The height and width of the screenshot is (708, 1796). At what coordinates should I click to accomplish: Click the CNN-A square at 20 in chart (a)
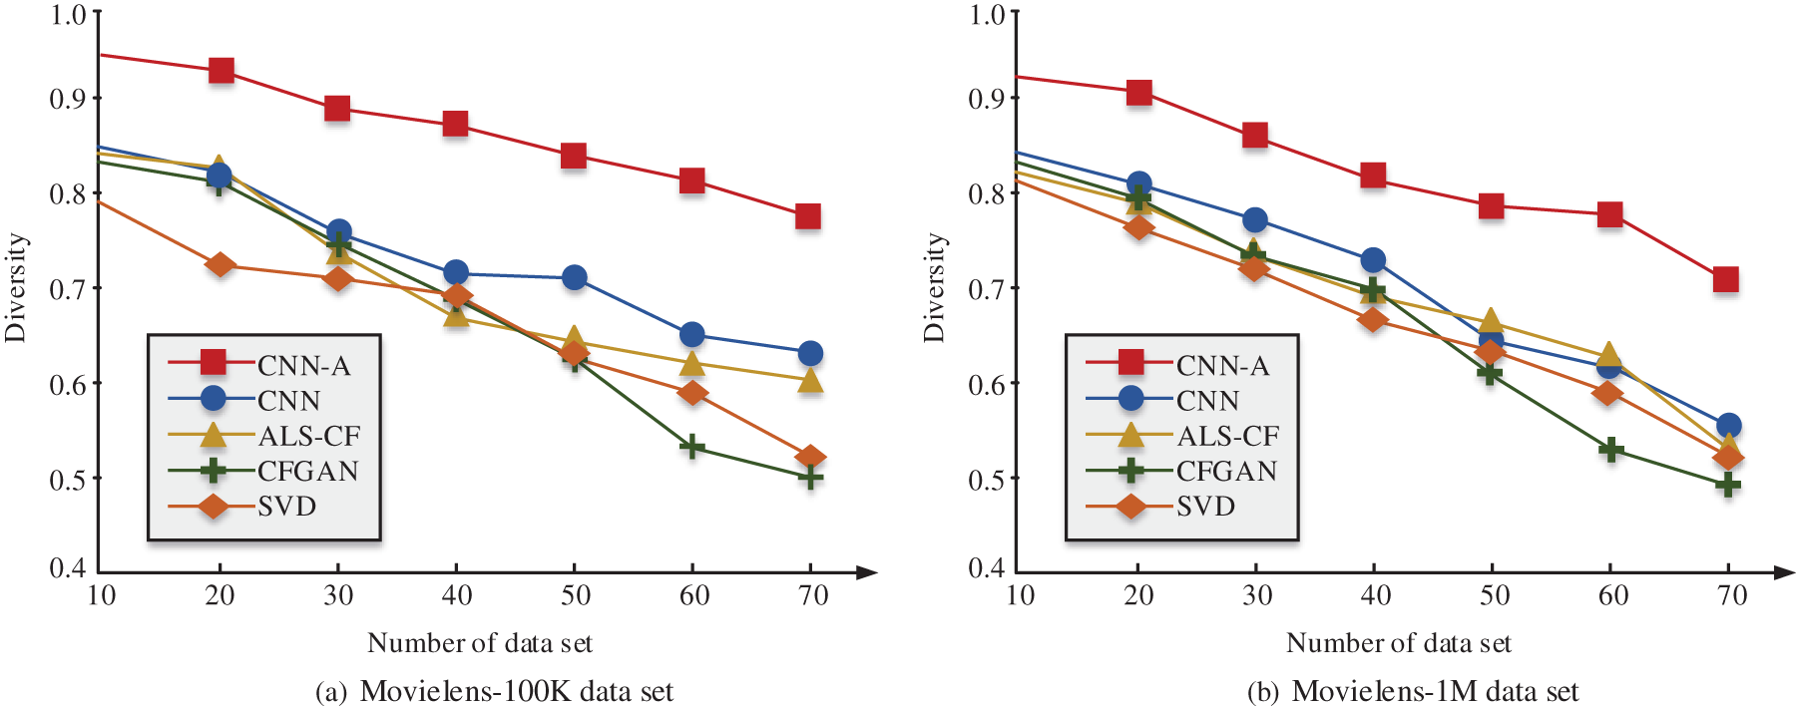221,71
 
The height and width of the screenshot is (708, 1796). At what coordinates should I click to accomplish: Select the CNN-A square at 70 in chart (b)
1726,279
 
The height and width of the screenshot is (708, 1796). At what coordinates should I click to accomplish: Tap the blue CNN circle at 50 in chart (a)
574,277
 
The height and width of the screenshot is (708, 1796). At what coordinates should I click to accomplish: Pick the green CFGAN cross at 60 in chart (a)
692,447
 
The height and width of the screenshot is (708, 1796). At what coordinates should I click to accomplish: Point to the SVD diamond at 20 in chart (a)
221,264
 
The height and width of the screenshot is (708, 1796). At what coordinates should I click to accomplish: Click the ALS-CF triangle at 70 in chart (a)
810,380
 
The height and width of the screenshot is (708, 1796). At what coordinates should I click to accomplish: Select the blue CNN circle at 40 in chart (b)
1373,260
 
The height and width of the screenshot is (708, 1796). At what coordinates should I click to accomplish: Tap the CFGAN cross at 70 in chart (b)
1728,485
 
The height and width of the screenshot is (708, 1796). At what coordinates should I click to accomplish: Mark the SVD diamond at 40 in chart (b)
1373,320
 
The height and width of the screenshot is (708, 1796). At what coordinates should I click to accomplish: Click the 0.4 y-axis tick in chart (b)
987,568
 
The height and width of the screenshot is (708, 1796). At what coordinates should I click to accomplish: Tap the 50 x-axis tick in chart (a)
576,596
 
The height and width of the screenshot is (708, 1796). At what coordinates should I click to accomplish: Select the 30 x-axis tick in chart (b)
1256,596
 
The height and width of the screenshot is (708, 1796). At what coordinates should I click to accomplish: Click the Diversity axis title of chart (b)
934,287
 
